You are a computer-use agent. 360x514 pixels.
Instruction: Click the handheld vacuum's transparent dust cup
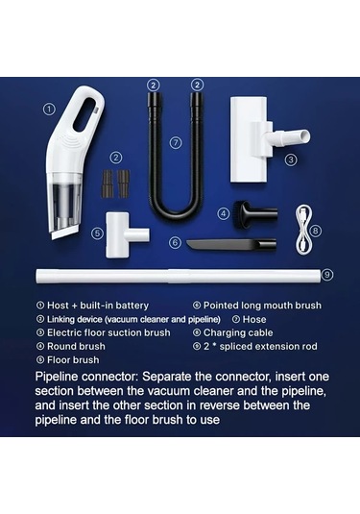click(x=64, y=204)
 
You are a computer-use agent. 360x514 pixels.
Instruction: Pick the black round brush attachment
click(x=254, y=213)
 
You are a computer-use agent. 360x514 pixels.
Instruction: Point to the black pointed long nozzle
click(x=231, y=245)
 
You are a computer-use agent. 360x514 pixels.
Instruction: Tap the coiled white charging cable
click(x=303, y=231)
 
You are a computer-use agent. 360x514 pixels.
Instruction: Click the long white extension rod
click(x=179, y=276)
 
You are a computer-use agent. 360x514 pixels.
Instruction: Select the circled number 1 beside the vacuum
click(x=49, y=110)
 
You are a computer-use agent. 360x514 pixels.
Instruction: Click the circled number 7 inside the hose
click(x=176, y=143)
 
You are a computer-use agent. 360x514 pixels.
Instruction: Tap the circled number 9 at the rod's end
click(x=327, y=275)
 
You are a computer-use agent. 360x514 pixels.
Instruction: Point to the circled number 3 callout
click(x=291, y=160)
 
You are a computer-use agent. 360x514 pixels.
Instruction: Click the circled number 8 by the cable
click(x=316, y=231)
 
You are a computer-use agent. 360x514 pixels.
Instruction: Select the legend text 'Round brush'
click(x=76, y=346)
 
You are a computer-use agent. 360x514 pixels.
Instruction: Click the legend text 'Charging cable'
click(x=238, y=332)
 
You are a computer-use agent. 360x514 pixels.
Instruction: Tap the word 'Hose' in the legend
click(x=254, y=319)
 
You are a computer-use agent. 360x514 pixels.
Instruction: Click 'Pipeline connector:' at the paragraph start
click(x=86, y=377)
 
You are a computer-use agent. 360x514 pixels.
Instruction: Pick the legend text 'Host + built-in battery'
click(x=98, y=306)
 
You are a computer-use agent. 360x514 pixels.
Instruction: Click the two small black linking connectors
click(x=115, y=184)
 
